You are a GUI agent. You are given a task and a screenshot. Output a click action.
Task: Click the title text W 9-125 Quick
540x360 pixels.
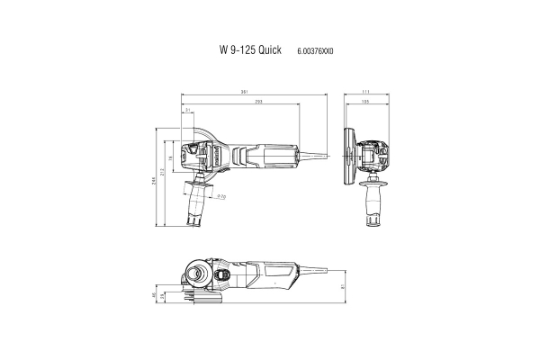[x=250, y=52]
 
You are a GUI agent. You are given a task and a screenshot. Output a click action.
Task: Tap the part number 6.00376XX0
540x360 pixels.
[x=314, y=53]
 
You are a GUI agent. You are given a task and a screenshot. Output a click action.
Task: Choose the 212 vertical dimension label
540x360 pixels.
[x=166, y=172]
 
